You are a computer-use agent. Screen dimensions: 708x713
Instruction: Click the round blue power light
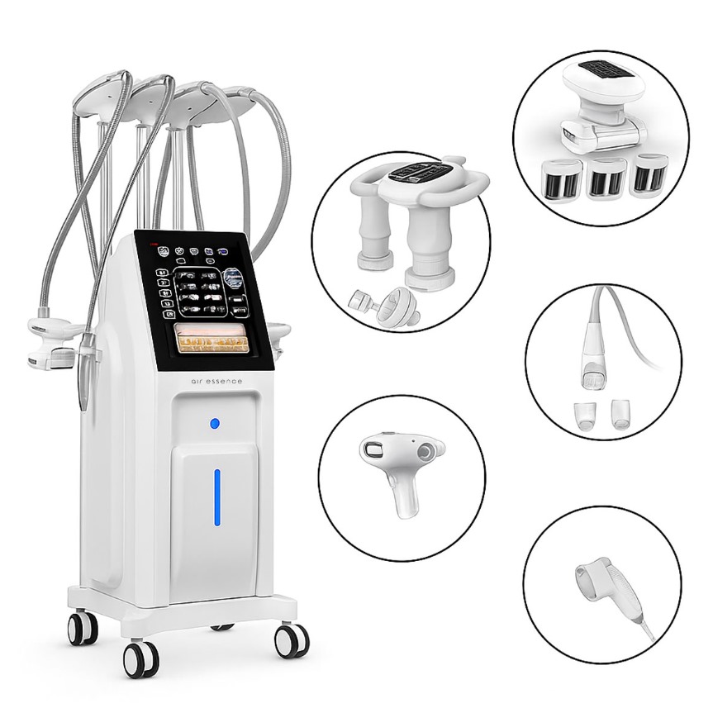(215, 424)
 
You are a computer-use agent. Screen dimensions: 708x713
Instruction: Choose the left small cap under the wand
(584, 414)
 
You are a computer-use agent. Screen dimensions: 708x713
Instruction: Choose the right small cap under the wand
(620, 412)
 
